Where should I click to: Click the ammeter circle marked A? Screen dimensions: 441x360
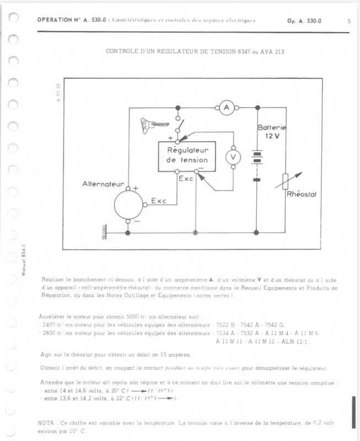point(225,109)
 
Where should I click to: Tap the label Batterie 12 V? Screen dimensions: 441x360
point(273,132)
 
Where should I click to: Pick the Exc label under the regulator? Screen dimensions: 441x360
point(186,178)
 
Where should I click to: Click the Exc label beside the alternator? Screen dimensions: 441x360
point(158,202)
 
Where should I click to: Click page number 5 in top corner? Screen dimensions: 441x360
point(350,21)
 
